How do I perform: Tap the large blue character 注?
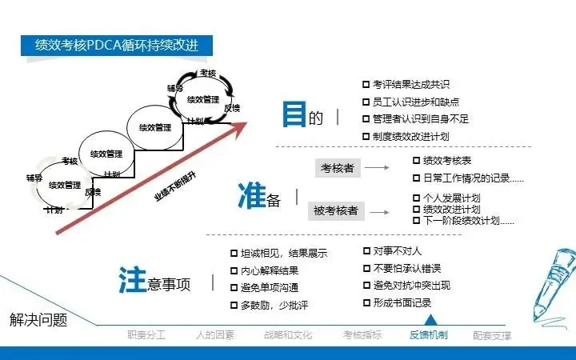click(x=131, y=280)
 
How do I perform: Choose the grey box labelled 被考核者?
click(x=335, y=211)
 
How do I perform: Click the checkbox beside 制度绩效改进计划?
click(x=366, y=136)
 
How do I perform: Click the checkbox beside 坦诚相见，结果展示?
click(x=234, y=254)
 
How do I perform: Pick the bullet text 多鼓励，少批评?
click(x=274, y=306)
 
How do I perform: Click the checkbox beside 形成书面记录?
click(x=366, y=302)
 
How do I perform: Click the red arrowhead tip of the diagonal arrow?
click(x=247, y=124)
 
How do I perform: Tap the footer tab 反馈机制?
click(x=428, y=335)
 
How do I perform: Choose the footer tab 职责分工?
click(x=146, y=335)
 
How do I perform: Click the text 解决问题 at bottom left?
click(x=38, y=320)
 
